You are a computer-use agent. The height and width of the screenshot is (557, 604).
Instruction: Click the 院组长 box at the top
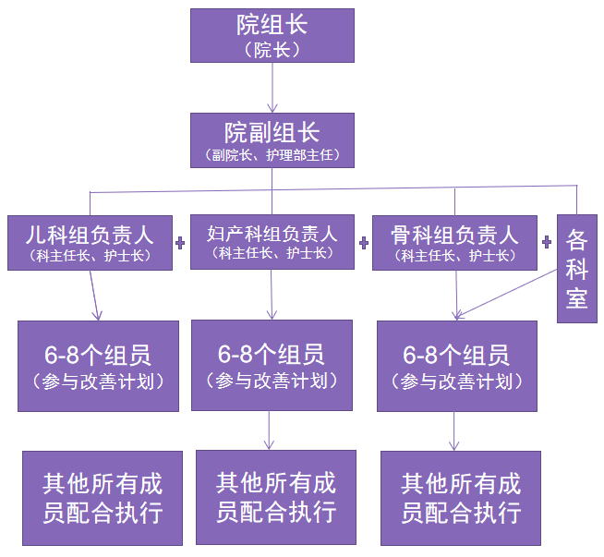click(x=272, y=35)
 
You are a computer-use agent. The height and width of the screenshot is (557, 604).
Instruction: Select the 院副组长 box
click(x=272, y=140)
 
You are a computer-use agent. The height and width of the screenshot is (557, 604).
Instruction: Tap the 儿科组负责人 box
click(x=90, y=242)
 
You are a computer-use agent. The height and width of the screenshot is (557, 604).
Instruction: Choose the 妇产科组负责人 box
click(x=272, y=242)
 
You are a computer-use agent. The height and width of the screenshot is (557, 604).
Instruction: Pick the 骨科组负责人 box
click(x=454, y=242)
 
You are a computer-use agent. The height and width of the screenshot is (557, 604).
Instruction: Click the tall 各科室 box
click(x=577, y=268)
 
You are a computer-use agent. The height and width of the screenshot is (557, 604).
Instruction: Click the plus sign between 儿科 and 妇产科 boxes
click(x=180, y=242)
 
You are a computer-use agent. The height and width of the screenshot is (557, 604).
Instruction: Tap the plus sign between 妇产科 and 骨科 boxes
click(x=363, y=242)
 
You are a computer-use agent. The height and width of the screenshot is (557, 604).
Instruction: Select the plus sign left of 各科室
click(x=547, y=242)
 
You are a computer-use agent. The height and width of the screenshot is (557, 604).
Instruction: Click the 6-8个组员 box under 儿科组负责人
click(x=98, y=366)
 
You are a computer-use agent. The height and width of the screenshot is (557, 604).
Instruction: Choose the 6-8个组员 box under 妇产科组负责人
click(x=272, y=365)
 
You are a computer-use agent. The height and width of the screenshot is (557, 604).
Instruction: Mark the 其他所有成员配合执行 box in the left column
click(x=101, y=497)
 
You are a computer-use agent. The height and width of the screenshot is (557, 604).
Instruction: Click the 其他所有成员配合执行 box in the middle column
click(x=275, y=496)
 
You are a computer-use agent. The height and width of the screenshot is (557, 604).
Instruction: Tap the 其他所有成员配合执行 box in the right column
click(x=460, y=497)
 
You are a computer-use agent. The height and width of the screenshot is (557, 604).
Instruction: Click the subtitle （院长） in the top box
click(x=272, y=51)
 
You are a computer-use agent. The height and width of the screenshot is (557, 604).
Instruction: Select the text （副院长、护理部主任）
click(x=272, y=154)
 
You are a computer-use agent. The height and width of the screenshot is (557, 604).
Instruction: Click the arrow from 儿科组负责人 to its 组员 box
click(x=95, y=294)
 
